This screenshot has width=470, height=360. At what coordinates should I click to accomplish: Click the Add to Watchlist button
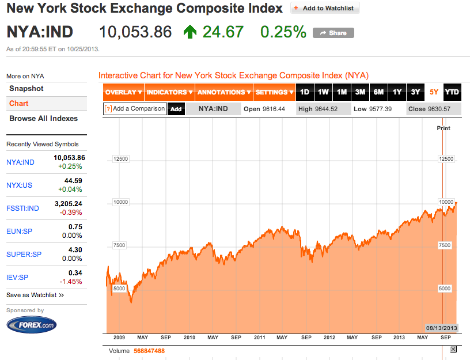(x=325, y=8)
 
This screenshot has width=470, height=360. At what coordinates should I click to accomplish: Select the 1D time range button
(x=305, y=92)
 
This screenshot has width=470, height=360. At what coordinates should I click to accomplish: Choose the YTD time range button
(x=452, y=92)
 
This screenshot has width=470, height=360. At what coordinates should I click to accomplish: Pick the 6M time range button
(x=378, y=92)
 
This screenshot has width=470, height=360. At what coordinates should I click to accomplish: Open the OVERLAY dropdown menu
(x=124, y=92)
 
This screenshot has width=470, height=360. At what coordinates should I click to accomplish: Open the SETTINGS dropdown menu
(x=274, y=92)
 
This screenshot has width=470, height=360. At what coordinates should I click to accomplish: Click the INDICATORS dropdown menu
(x=169, y=92)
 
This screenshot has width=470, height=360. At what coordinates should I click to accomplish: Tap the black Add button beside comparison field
(x=176, y=109)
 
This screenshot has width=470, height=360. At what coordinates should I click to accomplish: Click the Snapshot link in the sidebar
(x=26, y=89)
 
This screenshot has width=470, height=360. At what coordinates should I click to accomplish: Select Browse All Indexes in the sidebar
(x=43, y=119)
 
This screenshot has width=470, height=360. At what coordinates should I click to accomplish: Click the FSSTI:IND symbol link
(x=22, y=208)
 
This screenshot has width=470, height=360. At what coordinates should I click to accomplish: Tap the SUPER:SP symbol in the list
(x=24, y=254)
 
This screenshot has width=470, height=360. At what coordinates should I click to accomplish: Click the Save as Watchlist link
(x=35, y=295)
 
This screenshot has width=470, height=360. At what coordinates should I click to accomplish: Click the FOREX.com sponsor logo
(x=32, y=325)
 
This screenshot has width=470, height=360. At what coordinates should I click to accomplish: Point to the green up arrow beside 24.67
(x=189, y=32)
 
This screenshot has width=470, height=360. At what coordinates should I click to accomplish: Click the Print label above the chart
(x=443, y=128)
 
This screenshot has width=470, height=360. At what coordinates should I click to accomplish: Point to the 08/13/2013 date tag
(x=441, y=327)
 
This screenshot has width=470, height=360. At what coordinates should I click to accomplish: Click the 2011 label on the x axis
(x=259, y=338)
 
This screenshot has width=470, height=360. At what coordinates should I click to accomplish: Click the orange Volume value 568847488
(x=149, y=351)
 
